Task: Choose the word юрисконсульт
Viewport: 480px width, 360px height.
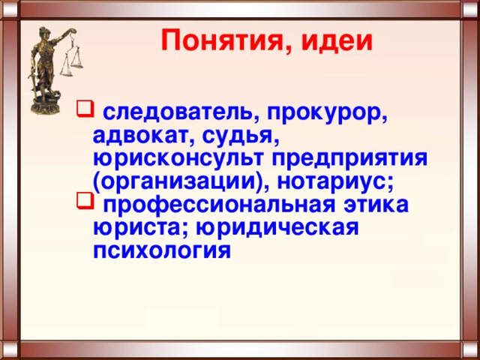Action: [178, 159]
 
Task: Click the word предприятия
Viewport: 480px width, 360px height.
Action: [349, 159]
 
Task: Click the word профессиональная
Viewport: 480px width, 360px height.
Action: [219, 205]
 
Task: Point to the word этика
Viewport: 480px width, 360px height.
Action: [376, 205]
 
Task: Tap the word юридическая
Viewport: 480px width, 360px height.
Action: [277, 228]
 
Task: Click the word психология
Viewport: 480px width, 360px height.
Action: [162, 251]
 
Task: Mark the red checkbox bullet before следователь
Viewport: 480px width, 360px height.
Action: [85, 108]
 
